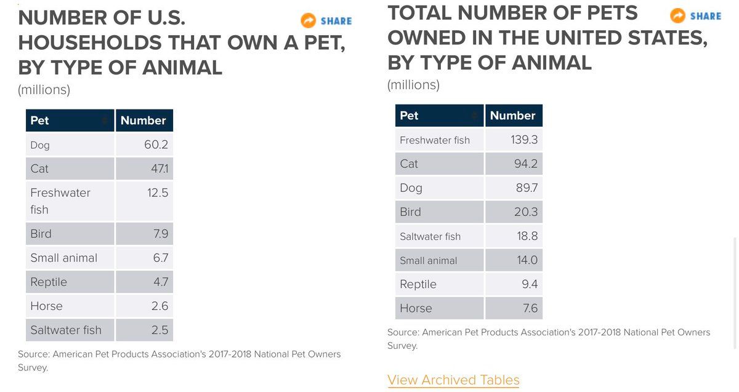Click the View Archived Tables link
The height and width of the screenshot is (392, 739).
[x=453, y=380]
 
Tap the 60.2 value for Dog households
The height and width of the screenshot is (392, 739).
[x=156, y=145]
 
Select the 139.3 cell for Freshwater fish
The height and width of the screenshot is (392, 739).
[x=524, y=140]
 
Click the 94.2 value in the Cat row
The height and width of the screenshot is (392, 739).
[x=526, y=164]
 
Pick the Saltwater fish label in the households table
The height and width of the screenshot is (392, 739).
[x=66, y=330]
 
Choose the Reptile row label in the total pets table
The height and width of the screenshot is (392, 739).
[x=418, y=284]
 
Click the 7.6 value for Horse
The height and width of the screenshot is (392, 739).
[x=530, y=308]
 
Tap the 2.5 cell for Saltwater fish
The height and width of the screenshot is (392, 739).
[x=160, y=330]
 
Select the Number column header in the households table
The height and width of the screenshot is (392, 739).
[x=143, y=121]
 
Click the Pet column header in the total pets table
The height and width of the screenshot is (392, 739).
[x=409, y=116]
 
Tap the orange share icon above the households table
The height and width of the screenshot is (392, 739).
[x=308, y=21]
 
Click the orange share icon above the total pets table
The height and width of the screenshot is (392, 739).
[x=677, y=16]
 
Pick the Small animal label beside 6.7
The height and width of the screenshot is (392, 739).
[x=64, y=258]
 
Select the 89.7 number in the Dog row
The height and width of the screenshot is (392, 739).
[x=527, y=188]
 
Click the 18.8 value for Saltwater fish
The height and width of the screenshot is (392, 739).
[x=527, y=236]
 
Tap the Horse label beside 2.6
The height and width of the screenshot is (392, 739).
[x=47, y=306]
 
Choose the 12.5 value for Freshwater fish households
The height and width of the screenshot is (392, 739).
[x=157, y=193]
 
